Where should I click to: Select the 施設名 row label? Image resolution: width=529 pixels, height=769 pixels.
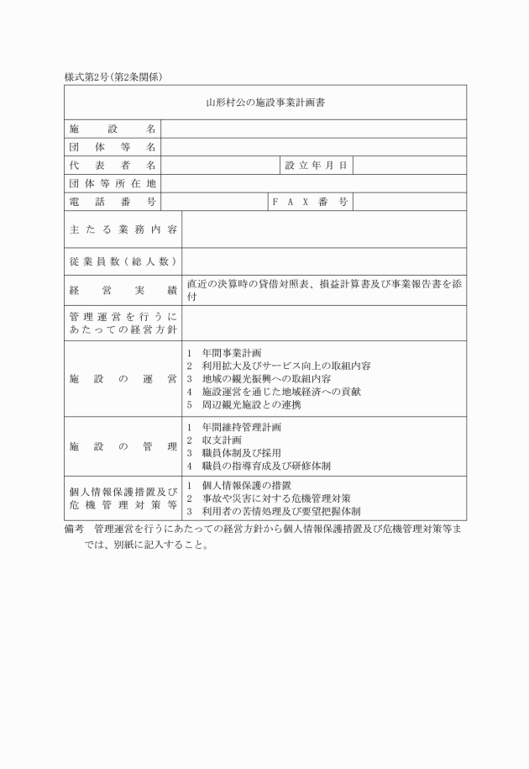(113, 129)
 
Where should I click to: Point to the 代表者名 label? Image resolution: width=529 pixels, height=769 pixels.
(113, 166)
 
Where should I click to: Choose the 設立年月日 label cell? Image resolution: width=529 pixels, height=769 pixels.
(316, 166)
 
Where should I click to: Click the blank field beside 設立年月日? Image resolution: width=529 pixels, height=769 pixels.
(409, 166)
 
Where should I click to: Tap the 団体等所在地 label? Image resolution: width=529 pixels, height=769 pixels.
(113, 183)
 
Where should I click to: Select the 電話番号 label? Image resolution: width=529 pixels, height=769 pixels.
(113, 202)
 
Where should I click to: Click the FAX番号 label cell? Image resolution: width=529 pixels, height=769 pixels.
(310, 202)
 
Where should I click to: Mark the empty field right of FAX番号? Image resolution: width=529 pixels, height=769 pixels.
(409, 202)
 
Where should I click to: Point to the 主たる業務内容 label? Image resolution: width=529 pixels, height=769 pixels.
(123, 229)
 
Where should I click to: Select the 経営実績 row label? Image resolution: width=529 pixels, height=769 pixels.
(123, 290)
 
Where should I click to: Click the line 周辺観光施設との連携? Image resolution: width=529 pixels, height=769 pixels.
(245, 404)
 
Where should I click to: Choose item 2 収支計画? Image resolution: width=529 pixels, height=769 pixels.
(221, 440)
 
